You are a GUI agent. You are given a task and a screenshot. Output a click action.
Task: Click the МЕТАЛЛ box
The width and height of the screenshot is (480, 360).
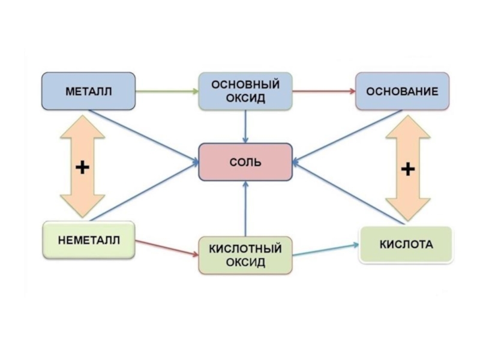click(x=88, y=91)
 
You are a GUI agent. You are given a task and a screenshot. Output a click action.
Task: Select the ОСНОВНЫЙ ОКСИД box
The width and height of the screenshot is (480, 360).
click(x=246, y=91)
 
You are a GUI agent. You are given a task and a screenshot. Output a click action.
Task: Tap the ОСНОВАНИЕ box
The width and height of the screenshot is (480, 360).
click(x=403, y=91)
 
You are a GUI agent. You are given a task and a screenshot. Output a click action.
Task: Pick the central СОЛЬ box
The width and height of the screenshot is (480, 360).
click(x=246, y=162)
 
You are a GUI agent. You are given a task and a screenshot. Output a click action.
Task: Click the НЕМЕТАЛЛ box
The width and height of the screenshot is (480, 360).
click(x=89, y=240)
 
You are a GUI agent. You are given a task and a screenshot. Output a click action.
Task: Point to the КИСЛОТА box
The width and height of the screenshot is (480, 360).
click(x=406, y=245)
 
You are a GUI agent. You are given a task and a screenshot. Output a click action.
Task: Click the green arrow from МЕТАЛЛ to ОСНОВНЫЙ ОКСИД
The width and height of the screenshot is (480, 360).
click(x=166, y=91)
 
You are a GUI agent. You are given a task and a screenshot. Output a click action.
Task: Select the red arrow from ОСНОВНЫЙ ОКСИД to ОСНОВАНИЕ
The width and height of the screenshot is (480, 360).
click(x=324, y=91)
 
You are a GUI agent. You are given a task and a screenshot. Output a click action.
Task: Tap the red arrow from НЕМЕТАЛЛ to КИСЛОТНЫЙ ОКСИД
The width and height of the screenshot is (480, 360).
click(x=167, y=248)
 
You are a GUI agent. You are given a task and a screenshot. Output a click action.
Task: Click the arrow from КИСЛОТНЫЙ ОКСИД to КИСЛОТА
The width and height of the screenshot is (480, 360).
click(x=326, y=250)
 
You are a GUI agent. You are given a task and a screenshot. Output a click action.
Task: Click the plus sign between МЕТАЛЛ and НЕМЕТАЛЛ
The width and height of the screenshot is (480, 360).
click(x=82, y=167)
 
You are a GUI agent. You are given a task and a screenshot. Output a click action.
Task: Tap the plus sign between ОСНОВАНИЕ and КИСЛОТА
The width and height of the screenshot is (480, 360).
click(x=407, y=169)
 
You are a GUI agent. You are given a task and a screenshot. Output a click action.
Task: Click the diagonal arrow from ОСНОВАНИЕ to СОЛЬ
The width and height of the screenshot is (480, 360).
click(x=348, y=136)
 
